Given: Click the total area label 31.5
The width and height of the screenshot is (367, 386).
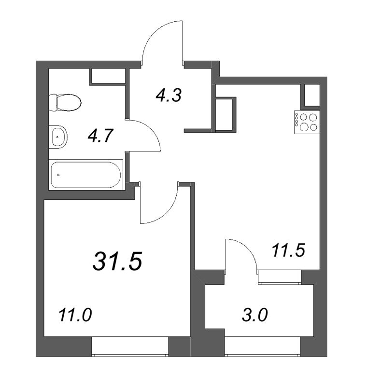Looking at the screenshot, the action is pyautogui.click(x=117, y=261).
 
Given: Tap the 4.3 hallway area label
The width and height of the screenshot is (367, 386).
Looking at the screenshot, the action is pyautogui.click(x=169, y=95).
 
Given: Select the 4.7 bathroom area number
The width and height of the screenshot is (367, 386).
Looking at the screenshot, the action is pyautogui.click(x=100, y=136).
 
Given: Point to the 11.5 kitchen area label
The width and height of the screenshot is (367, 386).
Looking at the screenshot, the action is pyautogui.click(x=288, y=250).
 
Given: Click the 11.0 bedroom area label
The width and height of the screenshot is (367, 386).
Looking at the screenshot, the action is pyautogui.click(x=75, y=315).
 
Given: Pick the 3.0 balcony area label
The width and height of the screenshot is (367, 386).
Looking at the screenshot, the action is pyautogui.click(x=254, y=315).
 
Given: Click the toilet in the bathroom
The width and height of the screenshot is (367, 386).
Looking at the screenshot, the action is pyautogui.click(x=65, y=102).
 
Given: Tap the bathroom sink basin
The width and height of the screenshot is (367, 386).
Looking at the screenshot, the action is pyautogui.click(x=58, y=137).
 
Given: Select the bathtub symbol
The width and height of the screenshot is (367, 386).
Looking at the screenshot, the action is pyautogui.click(x=86, y=175).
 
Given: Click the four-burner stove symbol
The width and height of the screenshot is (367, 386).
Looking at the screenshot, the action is pyautogui.click(x=307, y=122).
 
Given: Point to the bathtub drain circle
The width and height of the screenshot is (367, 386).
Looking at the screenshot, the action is pyautogui.click(x=58, y=175).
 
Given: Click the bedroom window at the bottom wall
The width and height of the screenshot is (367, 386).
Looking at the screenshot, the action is pyautogui.click(x=130, y=346).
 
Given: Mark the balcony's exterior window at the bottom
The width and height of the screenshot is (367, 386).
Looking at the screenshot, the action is pyautogui.click(x=262, y=346).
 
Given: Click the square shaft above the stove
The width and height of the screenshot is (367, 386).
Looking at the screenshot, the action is pyautogui.click(x=312, y=95).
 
